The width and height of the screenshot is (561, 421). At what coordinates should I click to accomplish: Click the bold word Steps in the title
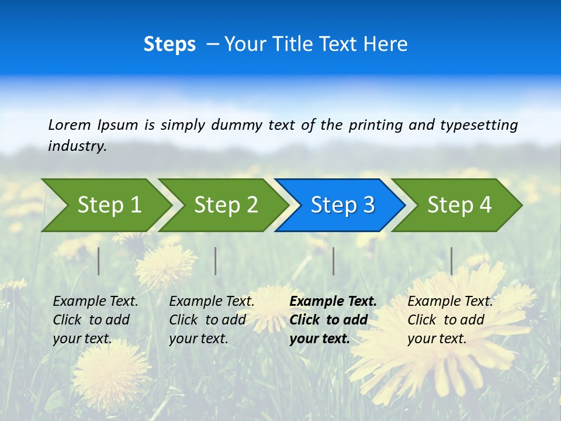pos(169,44)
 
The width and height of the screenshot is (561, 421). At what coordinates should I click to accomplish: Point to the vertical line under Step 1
pos(99,261)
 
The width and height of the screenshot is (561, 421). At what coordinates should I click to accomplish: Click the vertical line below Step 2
pos(216,261)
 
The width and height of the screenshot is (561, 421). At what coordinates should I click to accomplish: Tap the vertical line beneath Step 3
pos(334,261)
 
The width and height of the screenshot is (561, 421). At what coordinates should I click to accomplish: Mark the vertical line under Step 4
pos(452,261)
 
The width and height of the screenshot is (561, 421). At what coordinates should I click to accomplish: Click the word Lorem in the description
pos(70,125)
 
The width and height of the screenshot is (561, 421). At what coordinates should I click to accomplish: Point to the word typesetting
pos(479,125)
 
